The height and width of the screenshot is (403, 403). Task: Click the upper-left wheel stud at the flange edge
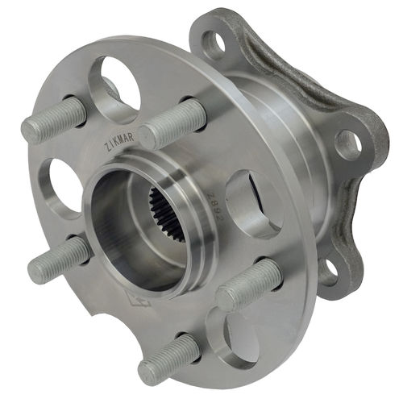click(x=53, y=119)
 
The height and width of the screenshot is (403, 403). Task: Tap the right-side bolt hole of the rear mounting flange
click(x=347, y=144)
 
